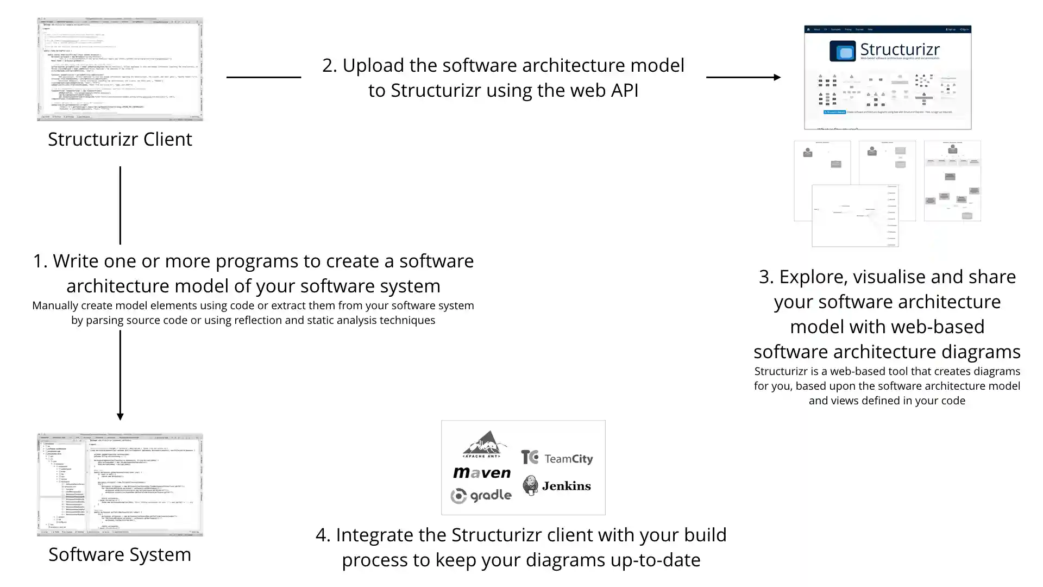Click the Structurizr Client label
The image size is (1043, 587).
pyautogui.click(x=120, y=140)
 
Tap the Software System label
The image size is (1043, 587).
pyautogui.click(x=120, y=555)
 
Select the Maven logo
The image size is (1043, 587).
pyautogui.click(x=482, y=473)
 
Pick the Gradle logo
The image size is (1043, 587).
pyautogui.click(x=481, y=496)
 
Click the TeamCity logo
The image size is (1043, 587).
pyautogui.click(x=556, y=458)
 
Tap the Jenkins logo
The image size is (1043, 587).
pyautogui.click(x=556, y=485)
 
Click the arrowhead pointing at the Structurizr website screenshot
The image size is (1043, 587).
pyautogui.click(x=777, y=77)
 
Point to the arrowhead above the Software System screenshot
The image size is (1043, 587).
pyautogui.click(x=120, y=416)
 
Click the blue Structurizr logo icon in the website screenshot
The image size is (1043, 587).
pyautogui.click(x=843, y=52)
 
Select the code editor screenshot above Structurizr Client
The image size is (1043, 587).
pyautogui.click(x=120, y=69)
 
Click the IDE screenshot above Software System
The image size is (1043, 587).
pyautogui.click(x=120, y=484)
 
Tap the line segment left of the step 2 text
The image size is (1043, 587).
pyautogui.click(x=263, y=77)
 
